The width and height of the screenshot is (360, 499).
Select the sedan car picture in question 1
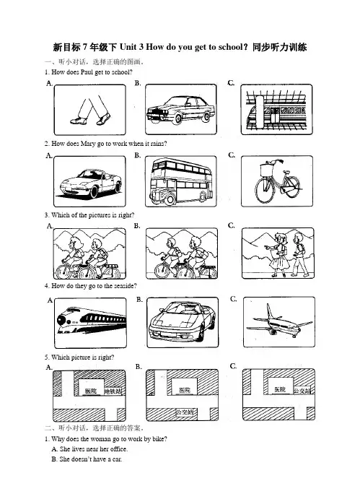coord(180,109)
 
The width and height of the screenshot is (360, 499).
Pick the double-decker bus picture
coord(181,181)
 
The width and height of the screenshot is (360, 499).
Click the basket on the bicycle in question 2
coord(266,169)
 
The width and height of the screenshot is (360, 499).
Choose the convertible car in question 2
coord(91,183)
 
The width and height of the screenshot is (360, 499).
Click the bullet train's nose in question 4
coord(62,319)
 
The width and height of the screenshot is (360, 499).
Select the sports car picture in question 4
coord(183,321)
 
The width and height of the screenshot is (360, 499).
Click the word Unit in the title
coord(131,47)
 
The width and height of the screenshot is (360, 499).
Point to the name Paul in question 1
coord(87,72)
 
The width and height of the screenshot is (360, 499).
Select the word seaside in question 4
coord(124,286)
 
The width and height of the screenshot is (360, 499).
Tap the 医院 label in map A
coord(91,391)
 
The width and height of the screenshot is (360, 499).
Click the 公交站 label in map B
coord(185,412)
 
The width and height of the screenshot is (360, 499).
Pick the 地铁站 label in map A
coord(113,391)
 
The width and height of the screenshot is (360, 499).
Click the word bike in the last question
coord(158,439)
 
